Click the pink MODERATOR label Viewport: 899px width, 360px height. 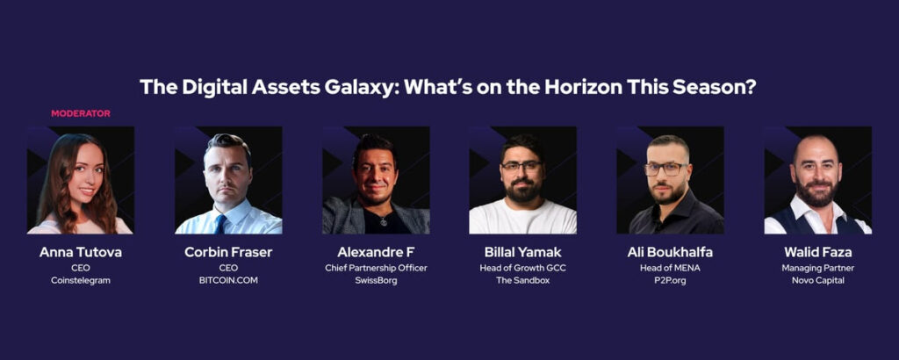click(80, 113)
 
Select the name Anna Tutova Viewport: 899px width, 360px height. click(80, 252)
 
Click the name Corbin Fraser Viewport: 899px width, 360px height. click(228, 252)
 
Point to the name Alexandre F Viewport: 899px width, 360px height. click(376, 252)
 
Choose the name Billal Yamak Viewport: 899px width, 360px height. click(523, 252)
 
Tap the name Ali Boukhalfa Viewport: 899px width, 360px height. click(670, 252)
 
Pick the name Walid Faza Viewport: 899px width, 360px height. click(817, 252)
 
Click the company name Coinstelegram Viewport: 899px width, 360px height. click(80, 280)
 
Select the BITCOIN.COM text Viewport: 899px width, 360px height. click(228, 280)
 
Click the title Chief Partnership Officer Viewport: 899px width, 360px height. click(376, 268)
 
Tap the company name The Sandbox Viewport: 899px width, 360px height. click(523, 280)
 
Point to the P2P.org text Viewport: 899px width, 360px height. click(670, 281)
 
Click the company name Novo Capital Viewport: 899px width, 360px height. click(817, 280)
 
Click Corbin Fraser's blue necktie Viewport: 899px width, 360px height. click(220, 224)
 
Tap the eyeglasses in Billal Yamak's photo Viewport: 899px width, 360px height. click(521, 166)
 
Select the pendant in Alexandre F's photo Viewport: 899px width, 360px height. click(384, 220)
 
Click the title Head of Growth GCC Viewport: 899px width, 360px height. click(523, 268)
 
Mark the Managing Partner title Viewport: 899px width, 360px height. click(817, 268)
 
